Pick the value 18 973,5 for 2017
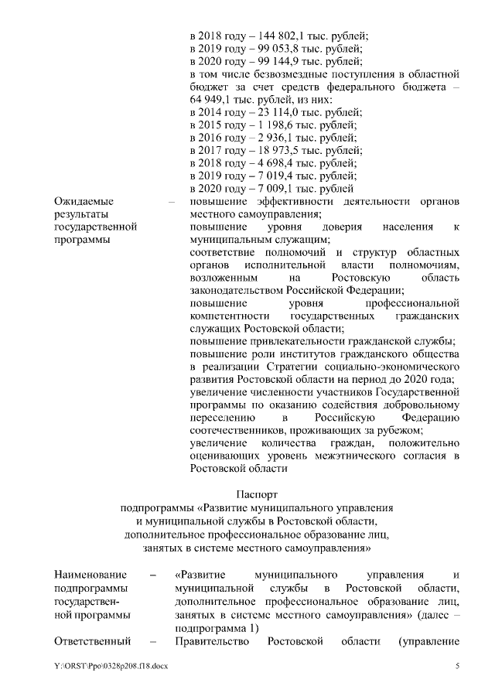click(x=273, y=150)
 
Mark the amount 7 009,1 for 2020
click(x=268, y=188)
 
